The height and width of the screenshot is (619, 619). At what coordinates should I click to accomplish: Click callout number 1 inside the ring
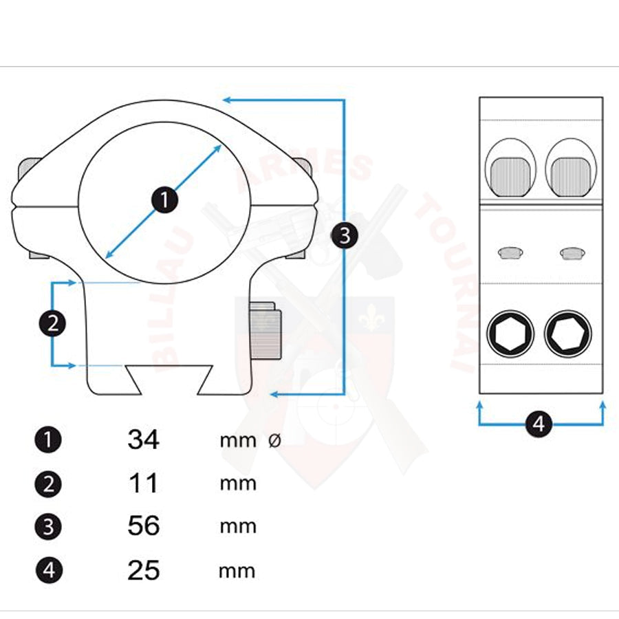164,200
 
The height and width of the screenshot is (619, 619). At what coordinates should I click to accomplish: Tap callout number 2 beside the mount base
52,324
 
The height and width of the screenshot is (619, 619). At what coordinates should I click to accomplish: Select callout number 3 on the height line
345,236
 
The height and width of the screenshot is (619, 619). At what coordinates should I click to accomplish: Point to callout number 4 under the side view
539,424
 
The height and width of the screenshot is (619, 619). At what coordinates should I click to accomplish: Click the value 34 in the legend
143,439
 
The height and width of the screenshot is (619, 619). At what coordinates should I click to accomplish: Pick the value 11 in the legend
143,483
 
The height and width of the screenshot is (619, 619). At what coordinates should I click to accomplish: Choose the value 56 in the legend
143,525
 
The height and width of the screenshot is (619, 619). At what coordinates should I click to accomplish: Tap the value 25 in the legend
143,570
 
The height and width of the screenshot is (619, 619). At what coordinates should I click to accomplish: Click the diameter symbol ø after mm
274,440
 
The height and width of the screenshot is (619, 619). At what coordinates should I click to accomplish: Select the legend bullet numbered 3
48,527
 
